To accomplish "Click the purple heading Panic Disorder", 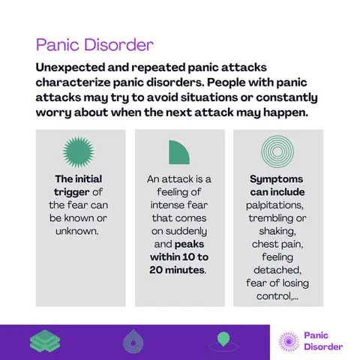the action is [94, 45].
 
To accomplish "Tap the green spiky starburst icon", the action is [79, 151].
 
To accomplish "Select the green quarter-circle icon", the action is [179, 152].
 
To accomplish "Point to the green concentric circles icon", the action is [277, 151].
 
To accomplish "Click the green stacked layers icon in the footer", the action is [45, 340].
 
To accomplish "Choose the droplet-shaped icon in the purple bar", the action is [133, 341].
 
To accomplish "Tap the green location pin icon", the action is [223, 339].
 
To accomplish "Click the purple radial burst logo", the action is [289, 342].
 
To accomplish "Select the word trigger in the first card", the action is [71, 192].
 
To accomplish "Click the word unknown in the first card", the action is [77, 231].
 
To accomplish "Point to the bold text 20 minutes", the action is [177, 270].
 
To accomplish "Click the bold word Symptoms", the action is [276, 179].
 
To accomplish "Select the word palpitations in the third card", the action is [274, 205].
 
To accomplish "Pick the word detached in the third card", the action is [277, 270].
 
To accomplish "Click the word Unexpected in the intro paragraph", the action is [70, 67].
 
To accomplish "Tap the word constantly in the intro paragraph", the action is [286, 97].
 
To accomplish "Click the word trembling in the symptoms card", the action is [271, 218].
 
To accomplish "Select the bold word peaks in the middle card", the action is [189, 244].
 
